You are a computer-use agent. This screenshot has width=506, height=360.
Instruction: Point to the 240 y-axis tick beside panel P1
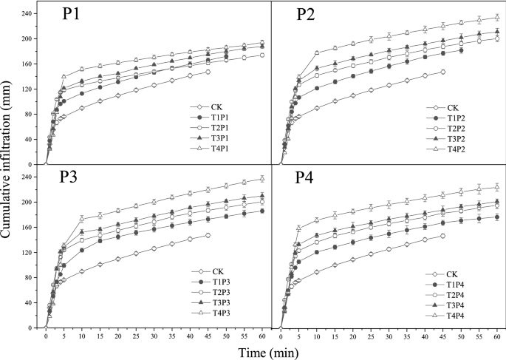(29, 13)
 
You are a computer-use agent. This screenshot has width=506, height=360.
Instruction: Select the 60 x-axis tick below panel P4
(496, 336)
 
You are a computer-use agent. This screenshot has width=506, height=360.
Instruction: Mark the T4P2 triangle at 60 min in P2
(496, 17)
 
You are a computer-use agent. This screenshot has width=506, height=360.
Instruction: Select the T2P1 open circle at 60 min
(262, 55)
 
